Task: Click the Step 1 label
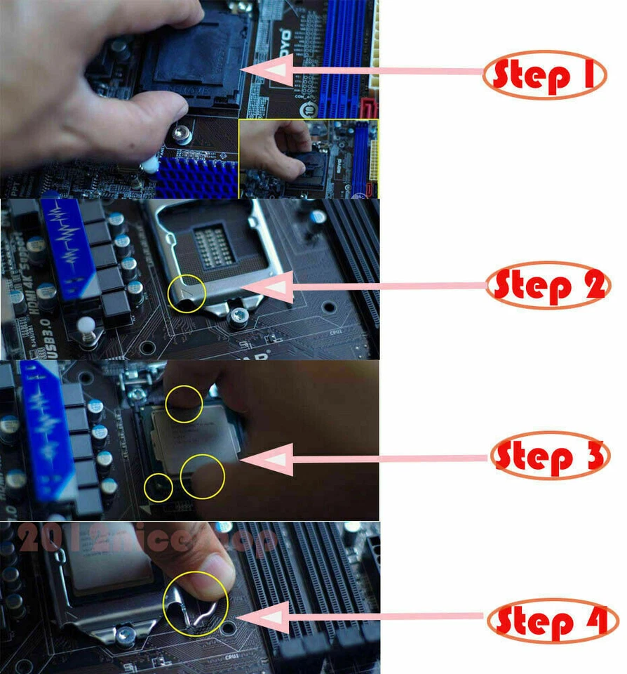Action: click(544, 75)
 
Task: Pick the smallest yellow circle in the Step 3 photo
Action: click(159, 487)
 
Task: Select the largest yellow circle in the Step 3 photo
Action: click(202, 477)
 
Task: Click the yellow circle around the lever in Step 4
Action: click(196, 603)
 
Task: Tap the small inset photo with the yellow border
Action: click(308, 159)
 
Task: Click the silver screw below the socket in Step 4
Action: click(126, 636)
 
